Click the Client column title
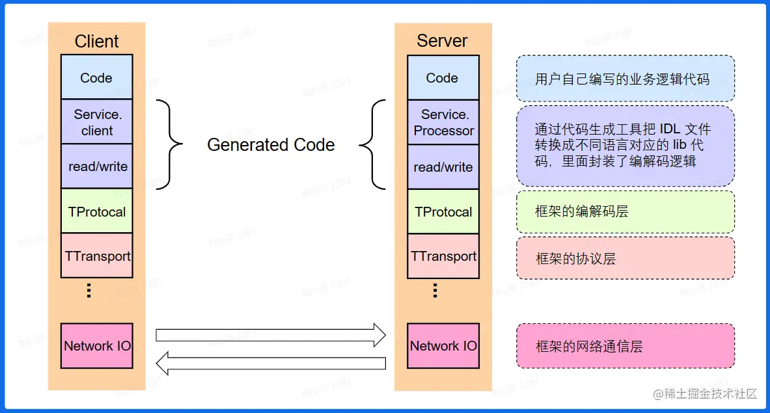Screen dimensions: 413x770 click(x=96, y=41)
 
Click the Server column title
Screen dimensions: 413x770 click(x=442, y=41)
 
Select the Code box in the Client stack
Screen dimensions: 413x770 click(x=96, y=77)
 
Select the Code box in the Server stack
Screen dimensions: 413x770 click(x=443, y=77)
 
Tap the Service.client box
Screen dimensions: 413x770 click(x=96, y=122)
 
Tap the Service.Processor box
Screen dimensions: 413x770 click(x=443, y=122)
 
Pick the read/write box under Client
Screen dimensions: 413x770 click(x=97, y=167)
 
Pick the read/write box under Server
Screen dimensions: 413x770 click(x=443, y=167)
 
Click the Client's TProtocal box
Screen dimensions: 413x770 click(x=97, y=211)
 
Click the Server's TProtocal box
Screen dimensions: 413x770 click(x=443, y=211)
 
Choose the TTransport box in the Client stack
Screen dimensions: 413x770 click(x=97, y=256)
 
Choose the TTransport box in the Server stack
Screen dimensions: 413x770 click(x=443, y=256)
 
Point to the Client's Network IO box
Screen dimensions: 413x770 click(x=97, y=345)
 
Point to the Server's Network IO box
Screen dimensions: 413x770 click(x=443, y=345)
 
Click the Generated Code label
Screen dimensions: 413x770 click(x=271, y=144)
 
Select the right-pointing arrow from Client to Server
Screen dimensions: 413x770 click(x=271, y=335)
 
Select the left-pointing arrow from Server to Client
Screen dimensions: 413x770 click(x=271, y=363)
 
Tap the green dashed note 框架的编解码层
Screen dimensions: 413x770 click(x=626, y=211)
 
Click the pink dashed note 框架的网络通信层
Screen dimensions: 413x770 click(x=626, y=346)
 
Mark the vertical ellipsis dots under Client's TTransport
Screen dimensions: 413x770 click(x=89, y=290)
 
